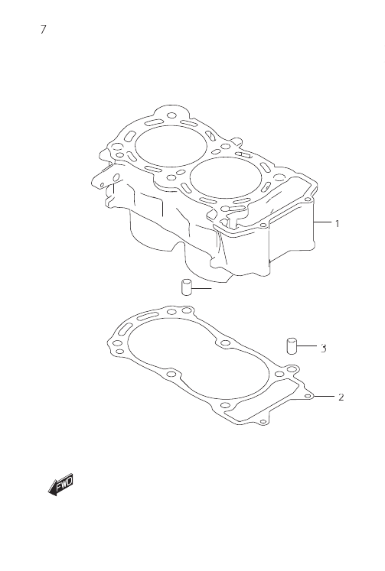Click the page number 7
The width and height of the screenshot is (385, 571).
coord(44,29)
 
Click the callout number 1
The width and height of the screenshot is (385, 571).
coord(338,223)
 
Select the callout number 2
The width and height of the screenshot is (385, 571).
coord(341,397)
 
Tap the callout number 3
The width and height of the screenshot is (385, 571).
coord(324,349)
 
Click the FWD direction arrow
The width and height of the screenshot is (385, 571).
coord(61,484)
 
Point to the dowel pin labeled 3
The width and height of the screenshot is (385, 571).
coord(292,346)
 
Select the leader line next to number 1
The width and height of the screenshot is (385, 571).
coord(322,222)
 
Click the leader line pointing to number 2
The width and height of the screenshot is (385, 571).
coord(325,396)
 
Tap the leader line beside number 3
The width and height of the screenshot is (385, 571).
coord(307,346)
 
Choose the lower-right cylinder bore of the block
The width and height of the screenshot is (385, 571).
coord(226,177)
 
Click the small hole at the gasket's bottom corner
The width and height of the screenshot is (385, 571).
coord(263,422)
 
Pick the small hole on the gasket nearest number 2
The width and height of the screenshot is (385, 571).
coord(308,396)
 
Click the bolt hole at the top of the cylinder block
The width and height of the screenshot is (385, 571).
coord(171,115)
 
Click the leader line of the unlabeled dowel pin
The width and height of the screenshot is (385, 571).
coord(201,288)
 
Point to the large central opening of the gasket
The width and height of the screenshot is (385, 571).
coord(200,358)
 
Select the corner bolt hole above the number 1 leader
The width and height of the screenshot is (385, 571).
coord(308,200)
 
